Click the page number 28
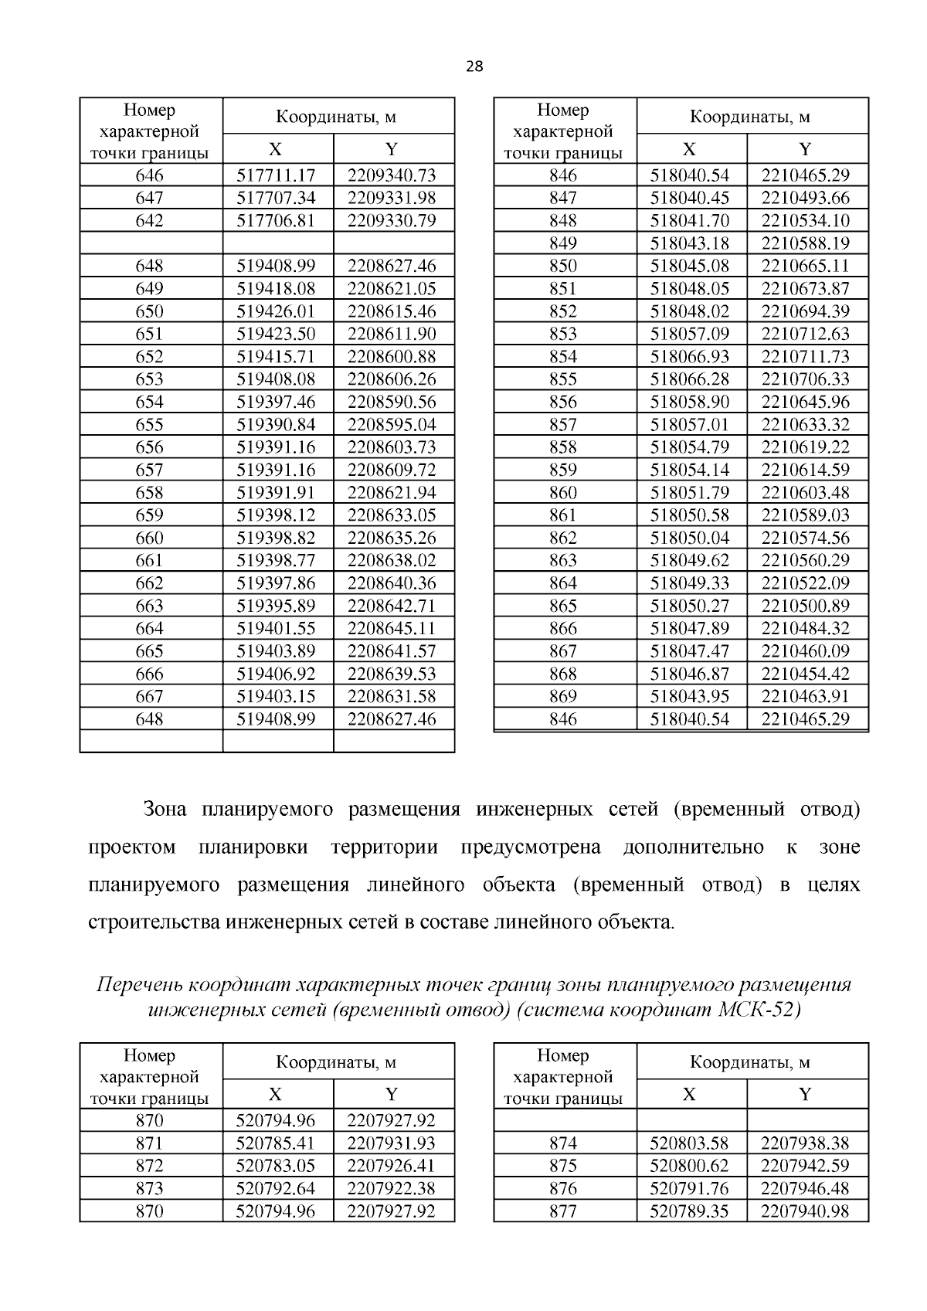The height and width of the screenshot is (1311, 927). (474, 66)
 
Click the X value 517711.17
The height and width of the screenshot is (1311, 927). (276, 175)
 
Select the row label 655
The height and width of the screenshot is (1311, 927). (149, 424)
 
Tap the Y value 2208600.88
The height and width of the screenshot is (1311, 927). (392, 356)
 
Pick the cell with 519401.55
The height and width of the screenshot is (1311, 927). (276, 628)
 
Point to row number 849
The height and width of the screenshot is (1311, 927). (562, 243)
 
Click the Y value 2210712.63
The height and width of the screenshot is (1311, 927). (805, 334)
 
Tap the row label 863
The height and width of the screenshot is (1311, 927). (562, 560)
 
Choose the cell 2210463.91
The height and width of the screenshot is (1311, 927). (805, 696)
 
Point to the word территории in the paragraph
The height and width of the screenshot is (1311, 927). (384, 847)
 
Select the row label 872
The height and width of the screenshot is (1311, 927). (149, 1166)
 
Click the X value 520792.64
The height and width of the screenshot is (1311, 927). (276, 1188)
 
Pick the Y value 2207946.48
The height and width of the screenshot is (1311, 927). (805, 1188)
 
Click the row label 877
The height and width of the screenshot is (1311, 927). (562, 1211)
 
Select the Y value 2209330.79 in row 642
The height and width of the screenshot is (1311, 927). (392, 221)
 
